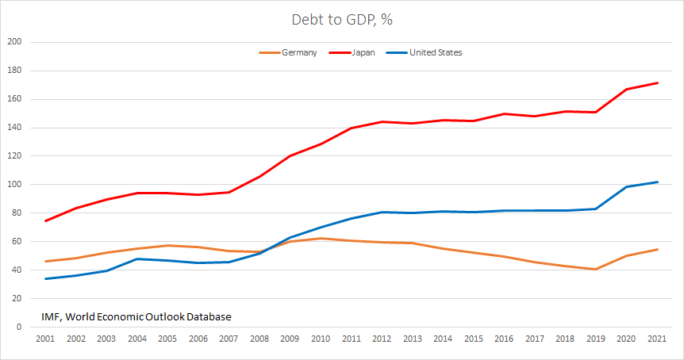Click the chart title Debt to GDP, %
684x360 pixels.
pyautogui.click(x=342, y=20)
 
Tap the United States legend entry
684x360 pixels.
pyautogui.click(x=435, y=53)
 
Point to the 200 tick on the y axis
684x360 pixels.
pyautogui.click(x=14, y=42)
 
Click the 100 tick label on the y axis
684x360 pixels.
pyautogui.click(x=14, y=185)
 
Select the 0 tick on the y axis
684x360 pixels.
pyautogui.click(x=19, y=327)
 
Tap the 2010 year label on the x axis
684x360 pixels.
pyautogui.click(x=321, y=339)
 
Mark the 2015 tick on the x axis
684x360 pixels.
pyautogui.click(x=474, y=339)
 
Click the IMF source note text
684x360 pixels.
pyautogui.click(x=136, y=316)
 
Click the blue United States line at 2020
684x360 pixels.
pyautogui.click(x=628, y=187)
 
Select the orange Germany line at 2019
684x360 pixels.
pyautogui.click(x=597, y=269)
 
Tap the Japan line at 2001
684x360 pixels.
pyautogui.click(x=44, y=220)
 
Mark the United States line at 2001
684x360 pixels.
pyautogui.click(x=44, y=278)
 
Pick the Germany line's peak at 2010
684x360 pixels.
pyautogui.click(x=321, y=238)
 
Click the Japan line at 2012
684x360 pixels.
pyautogui.click(x=382, y=121)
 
